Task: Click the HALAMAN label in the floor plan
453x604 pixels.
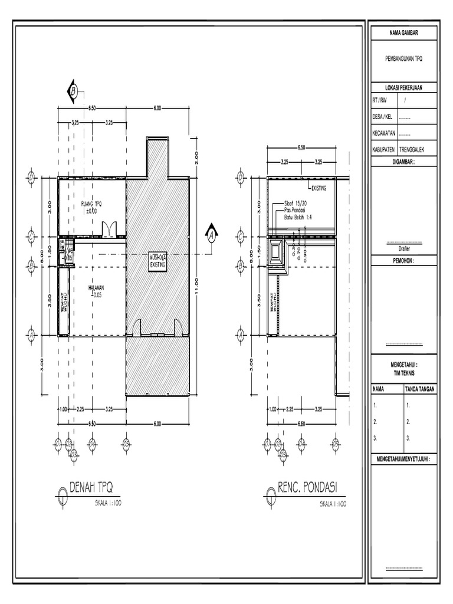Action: point(96,287)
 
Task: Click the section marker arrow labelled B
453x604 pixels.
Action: point(71,91)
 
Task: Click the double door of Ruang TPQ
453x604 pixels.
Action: point(109,229)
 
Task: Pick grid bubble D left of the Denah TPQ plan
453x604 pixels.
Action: point(31,177)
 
